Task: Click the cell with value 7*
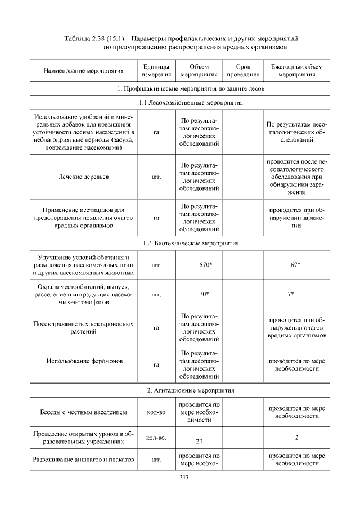click(296, 294)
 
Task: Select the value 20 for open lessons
click(200, 442)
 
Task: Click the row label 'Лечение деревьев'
click(83, 177)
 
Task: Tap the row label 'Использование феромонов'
click(84, 361)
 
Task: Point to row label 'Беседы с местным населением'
click(84, 413)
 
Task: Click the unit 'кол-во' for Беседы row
click(156, 413)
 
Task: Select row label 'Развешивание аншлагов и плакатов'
click(83, 460)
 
